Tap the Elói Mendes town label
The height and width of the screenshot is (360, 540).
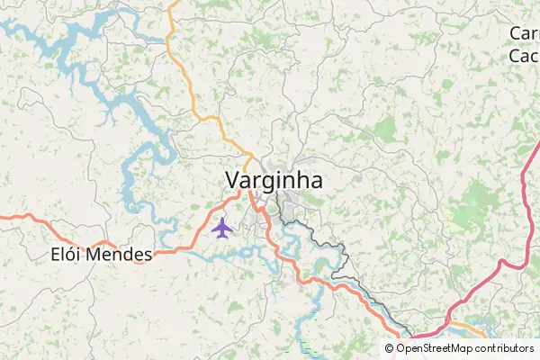(x=101, y=255)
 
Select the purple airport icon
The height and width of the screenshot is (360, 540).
(x=222, y=228)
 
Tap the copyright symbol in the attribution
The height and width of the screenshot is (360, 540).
(x=390, y=348)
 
